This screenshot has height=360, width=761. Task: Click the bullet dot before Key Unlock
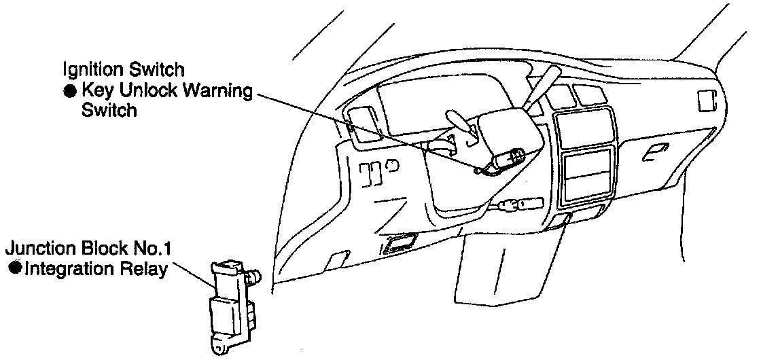(x=71, y=90)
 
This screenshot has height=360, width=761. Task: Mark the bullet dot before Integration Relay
(x=14, y=268)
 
